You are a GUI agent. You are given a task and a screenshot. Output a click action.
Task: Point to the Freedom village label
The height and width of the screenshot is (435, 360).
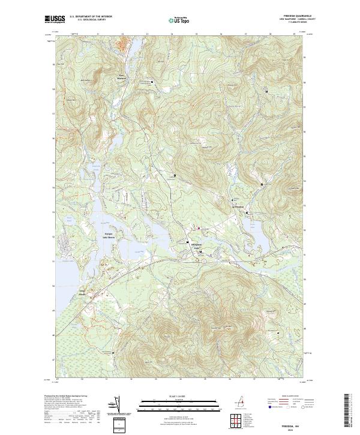[239, 208]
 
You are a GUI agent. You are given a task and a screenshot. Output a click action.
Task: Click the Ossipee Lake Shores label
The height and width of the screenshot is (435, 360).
[105, 235]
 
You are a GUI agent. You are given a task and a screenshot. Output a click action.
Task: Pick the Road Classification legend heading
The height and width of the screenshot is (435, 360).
[284, 397]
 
